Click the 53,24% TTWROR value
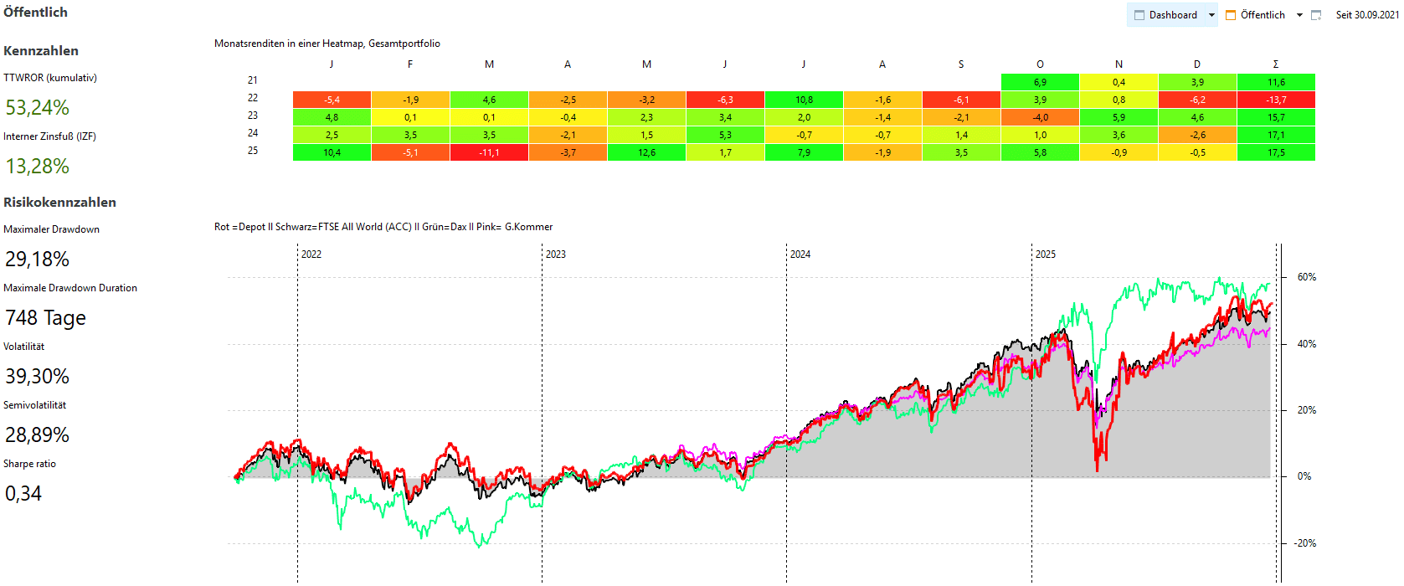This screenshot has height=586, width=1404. (38, 108)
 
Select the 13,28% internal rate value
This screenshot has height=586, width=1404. (38, 167)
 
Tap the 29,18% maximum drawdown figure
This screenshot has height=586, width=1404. (38, 260)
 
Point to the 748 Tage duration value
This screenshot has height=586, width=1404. (46, 318)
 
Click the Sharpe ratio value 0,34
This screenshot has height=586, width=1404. (23, 494)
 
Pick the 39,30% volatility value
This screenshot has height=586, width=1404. (38, 377)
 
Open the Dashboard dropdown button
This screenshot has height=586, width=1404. (1172, 15)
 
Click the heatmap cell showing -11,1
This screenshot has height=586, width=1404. (489, 152)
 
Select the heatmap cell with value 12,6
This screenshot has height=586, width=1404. (646, 152)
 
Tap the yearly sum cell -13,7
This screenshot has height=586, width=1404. (1276, 100)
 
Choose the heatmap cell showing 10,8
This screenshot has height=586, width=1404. (804, 100)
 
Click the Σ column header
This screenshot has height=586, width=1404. (1276, 64)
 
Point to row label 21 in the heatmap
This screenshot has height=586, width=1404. (253, 80)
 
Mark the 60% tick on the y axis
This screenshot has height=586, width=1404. (1306, 277)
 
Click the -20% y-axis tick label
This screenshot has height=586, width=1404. (1304, 543)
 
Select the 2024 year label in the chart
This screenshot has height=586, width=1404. (800, 254)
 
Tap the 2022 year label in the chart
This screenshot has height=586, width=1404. (311, 254)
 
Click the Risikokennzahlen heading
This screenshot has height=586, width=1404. (60, 203)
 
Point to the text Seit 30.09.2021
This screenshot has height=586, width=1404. (1366, 15)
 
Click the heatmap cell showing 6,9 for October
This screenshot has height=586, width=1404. (1040, 82)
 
